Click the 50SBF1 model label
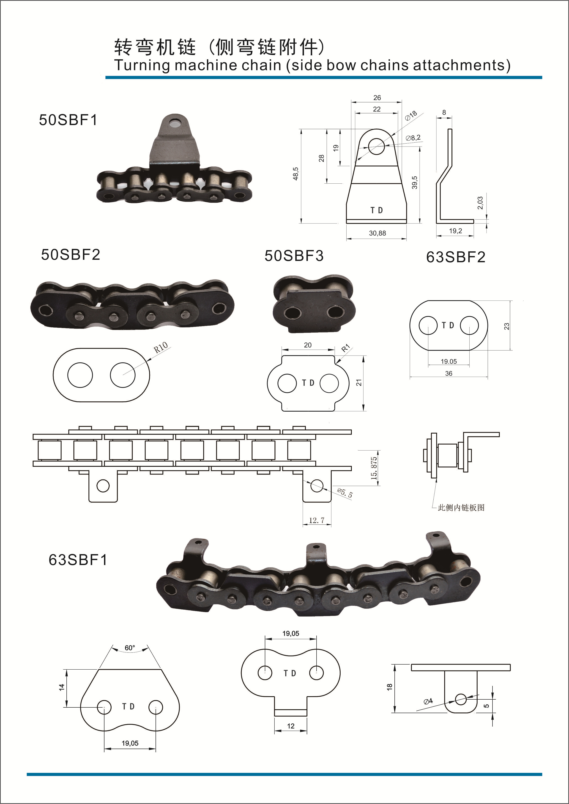coord(68,120)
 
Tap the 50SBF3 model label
coord(294,256)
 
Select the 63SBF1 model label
coord(78,560)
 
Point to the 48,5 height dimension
coord(296,174)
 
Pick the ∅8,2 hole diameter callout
coord(413,138)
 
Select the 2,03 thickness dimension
coord(480,203)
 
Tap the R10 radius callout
coord(161,347)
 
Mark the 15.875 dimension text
coord(374,468)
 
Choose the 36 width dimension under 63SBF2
coord(449,374)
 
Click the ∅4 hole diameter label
coord(428,701)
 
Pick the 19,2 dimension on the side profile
coord(455,231)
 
